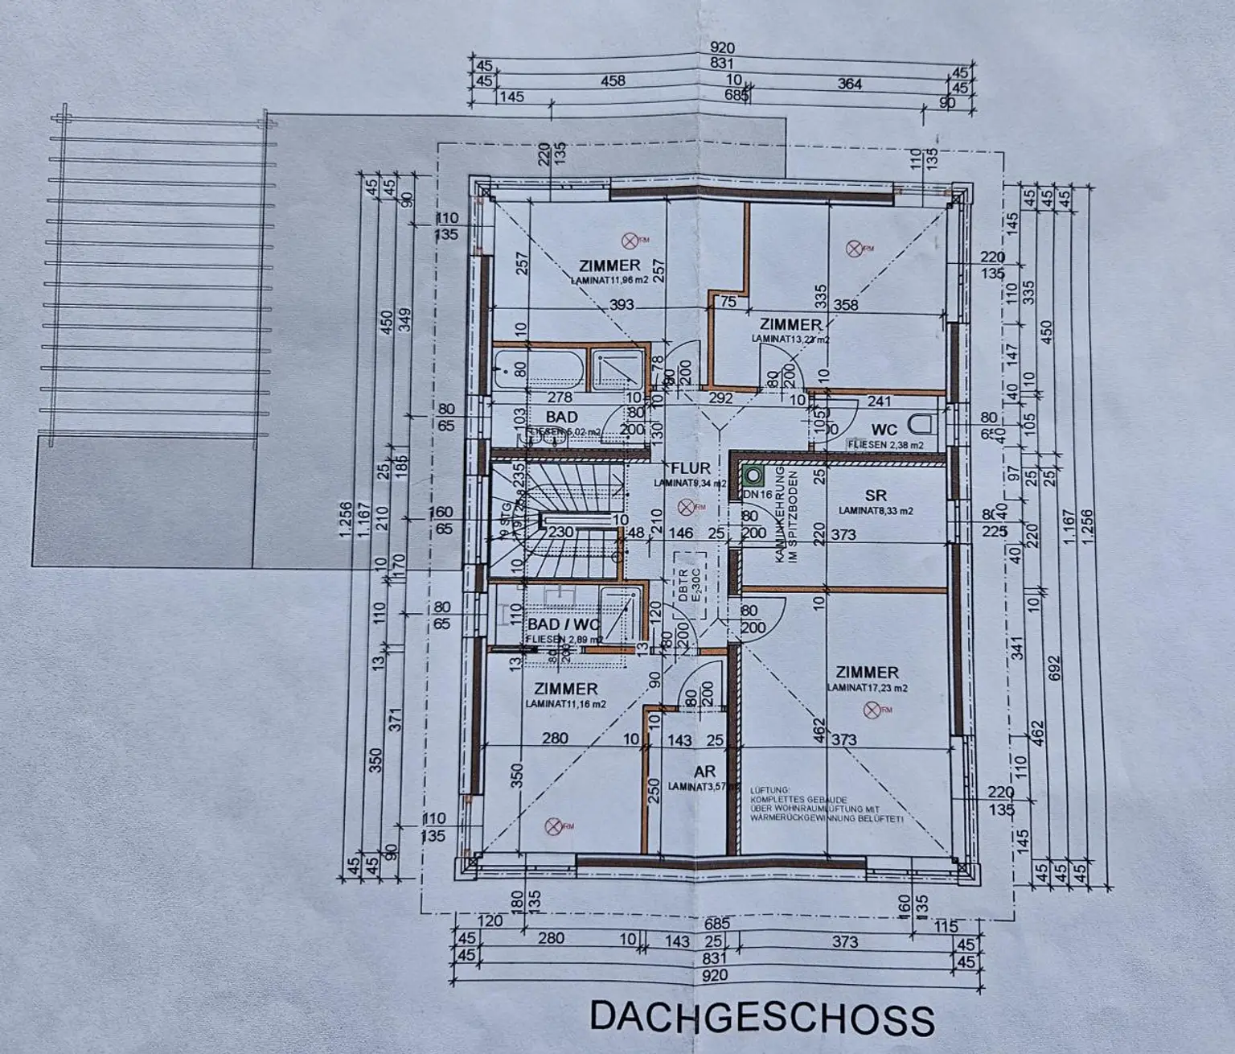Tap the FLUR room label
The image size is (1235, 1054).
(691, 468)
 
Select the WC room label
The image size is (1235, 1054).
(884, 430)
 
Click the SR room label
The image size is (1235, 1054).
(876, 496)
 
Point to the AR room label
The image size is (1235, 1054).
(704, 772)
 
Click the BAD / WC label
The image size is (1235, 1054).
(564, 625)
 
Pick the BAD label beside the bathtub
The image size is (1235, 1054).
(561, 417)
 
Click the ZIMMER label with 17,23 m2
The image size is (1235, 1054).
(867, 673)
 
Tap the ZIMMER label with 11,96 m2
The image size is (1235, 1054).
(609, 266)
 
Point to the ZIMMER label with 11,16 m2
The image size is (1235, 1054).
(565, 689)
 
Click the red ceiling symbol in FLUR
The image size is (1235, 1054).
(685, 506)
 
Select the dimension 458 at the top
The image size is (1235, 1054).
(612, 81)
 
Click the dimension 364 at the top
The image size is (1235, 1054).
(849, 84)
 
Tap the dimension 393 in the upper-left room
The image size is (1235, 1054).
(622, 305)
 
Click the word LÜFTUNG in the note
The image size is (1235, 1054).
(770, 791)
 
